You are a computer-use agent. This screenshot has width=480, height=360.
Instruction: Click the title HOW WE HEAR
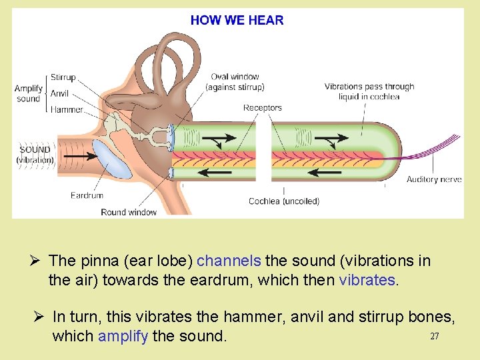point(237,20)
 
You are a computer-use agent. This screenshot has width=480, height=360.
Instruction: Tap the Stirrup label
point(63,78)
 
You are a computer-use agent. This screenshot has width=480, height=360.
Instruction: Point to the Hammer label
point(67,109)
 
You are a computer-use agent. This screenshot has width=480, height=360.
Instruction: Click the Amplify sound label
point(29,93)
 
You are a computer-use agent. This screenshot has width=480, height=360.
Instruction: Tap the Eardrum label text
point(87,195)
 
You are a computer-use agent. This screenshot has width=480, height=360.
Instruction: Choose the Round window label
point(129,212)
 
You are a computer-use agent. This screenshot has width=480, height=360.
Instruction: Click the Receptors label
point(263,107)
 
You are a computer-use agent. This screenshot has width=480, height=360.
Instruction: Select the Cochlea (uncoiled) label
point(284,201)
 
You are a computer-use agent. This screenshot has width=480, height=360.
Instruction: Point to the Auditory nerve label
point(434,179)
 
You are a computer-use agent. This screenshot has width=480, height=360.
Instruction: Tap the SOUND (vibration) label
point(35,155)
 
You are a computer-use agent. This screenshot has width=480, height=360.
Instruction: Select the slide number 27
point(434,337)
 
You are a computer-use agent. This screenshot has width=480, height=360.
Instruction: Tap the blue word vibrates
point(367,280)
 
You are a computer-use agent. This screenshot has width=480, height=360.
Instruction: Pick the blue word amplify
point(123,336)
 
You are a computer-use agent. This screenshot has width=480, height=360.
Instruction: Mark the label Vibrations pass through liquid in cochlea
point(369,91)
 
